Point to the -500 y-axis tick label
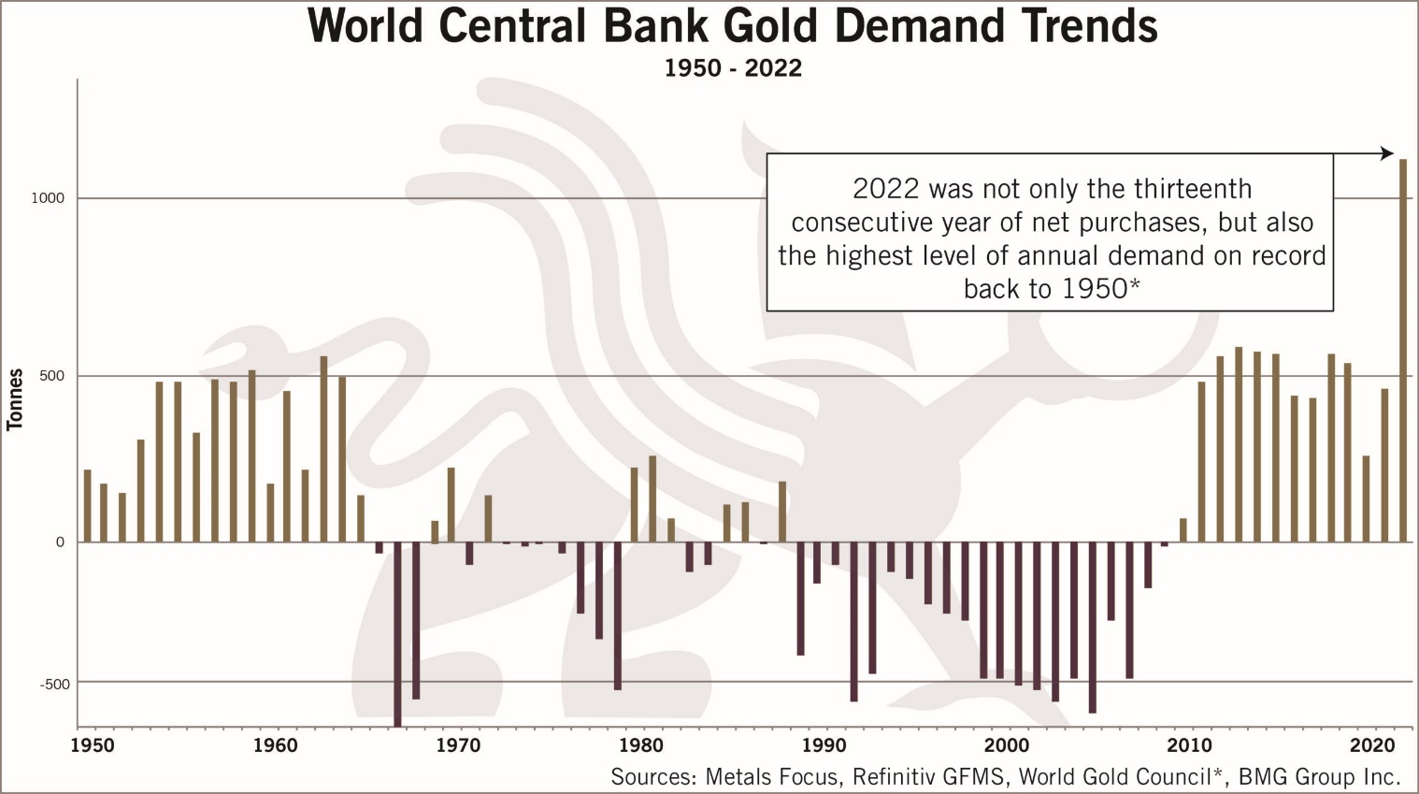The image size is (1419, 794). pos(54,684)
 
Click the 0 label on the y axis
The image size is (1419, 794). pos(60,541)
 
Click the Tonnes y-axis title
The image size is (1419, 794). pos(15,399)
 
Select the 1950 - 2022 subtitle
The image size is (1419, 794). pos(733,68)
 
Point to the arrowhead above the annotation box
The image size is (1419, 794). pos(1387,153)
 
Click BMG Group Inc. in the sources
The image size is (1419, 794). pos(1319,776)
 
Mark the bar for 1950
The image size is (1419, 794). pos(87,505)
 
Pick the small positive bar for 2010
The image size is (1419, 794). pos(1182,529)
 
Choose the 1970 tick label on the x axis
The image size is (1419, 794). pos(458,746)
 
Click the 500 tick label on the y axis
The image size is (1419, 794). pos(52,376)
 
